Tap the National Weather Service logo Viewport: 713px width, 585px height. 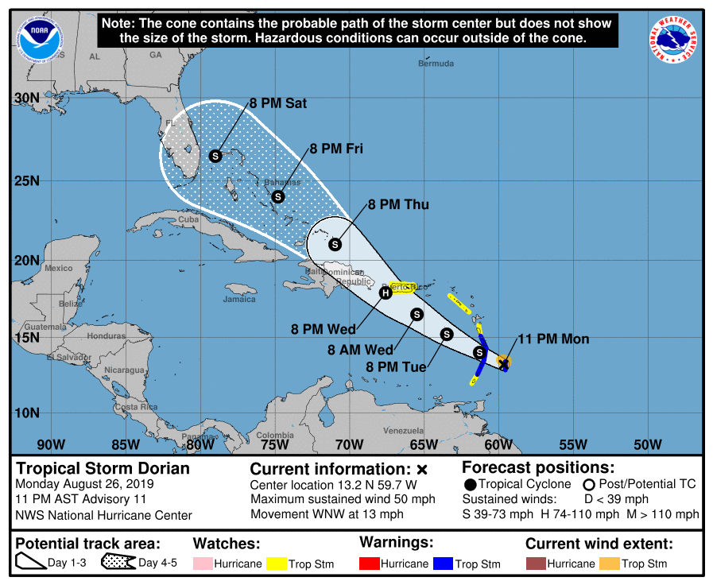click(x=675, y=41)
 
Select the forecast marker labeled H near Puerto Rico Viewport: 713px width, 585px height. click(x=386, y=292)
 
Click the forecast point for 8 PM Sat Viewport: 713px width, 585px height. click(x=215, y=156)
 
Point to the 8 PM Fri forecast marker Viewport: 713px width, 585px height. click(x=278, y=196)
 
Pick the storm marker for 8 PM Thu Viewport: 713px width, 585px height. click(x=335, y=244)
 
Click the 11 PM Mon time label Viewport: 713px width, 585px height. click(x=553, y=339)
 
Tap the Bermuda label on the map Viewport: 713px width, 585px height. click(x=436, y=64)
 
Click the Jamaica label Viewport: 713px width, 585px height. click(x=239, y=299)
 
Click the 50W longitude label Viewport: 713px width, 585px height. click(x=648, y=444)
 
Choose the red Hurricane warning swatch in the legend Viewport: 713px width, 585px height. click(x=370, y=564)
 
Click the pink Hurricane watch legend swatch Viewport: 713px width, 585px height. click(x=203, y=564)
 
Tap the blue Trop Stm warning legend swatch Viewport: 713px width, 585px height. click(x=443, y=564)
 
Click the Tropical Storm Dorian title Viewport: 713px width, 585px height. click(x=103, y=468)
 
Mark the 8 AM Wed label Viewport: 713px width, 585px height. click(x=360, y=350)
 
